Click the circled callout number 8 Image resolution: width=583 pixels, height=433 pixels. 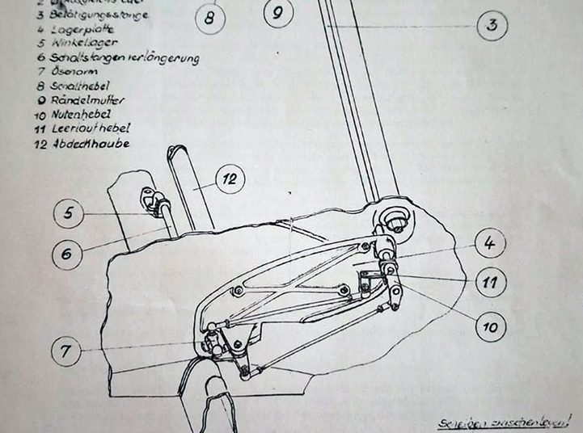tap(209, 16)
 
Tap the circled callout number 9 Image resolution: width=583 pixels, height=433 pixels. tap(277, 13)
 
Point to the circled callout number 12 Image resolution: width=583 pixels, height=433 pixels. tap(230, 179)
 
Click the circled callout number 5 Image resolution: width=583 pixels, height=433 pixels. tap(69, 214)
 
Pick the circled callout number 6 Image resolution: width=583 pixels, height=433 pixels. tap(65, 254)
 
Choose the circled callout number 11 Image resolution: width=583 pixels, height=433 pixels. tap(490, 283)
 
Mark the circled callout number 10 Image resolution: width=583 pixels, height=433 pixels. tap(490, 326)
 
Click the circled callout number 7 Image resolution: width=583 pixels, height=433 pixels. tap(65, 351)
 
